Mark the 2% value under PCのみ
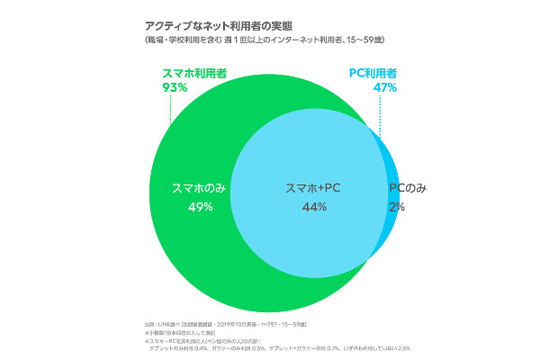396,207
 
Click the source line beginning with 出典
202,322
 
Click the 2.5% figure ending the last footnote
402,348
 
